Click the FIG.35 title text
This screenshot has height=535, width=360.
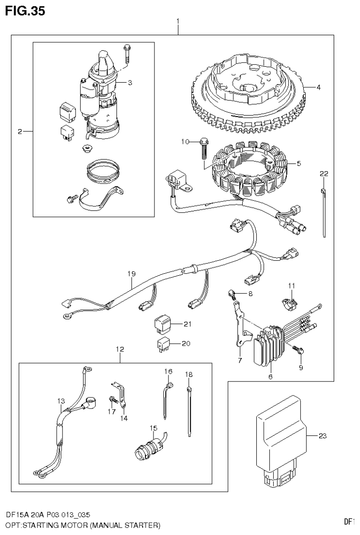[x=25, y=11]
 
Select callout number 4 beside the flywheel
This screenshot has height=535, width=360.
[x=318, y=87]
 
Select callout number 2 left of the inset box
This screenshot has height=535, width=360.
[x=20, y=132]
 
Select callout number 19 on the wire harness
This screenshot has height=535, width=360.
[x=131, y=273]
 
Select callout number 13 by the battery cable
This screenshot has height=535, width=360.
[x=61, y=401]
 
